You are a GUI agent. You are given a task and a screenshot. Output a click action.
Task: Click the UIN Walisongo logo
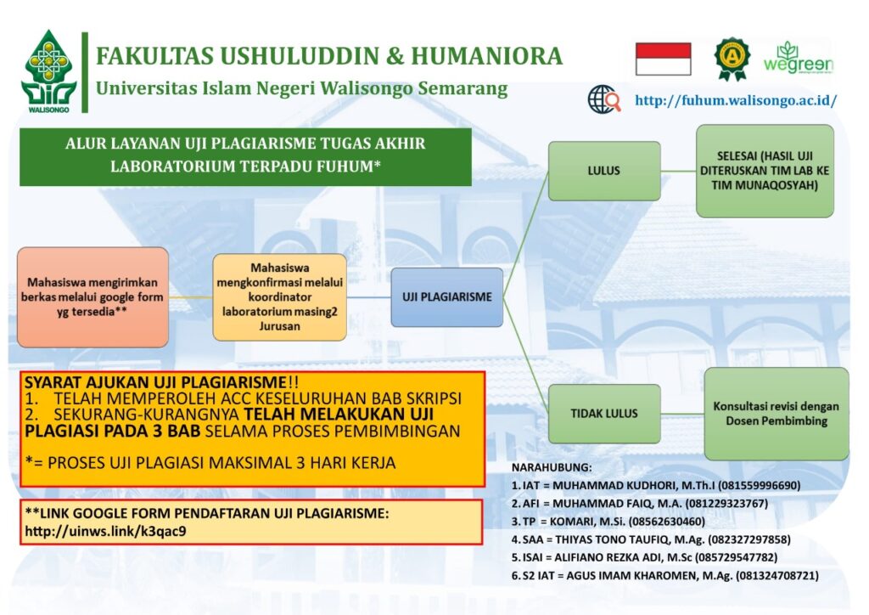[x=48, y=71]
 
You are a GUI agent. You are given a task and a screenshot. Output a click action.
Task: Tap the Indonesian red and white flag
[x=663, y=59]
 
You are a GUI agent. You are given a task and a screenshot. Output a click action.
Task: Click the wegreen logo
[x=799, y=59]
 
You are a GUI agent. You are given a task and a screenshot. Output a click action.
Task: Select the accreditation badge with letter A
[x=732, y=59]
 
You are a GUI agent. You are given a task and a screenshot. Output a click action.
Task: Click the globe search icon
[x=604, y=99]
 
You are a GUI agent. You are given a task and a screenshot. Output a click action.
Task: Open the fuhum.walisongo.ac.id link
[x=736, y=100]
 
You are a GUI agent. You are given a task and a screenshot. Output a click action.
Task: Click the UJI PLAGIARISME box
[x=446, y=297]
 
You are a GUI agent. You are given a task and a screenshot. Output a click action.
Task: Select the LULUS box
[x=604, y=171]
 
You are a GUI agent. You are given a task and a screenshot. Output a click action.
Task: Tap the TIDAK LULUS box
[x=604, y=414]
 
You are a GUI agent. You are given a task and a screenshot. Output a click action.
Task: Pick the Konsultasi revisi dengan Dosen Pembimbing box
[x=776, y=414]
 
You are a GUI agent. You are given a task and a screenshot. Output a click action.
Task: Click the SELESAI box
[x=765, y=171]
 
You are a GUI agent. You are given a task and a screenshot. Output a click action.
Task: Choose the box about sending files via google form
[x=93, y=297]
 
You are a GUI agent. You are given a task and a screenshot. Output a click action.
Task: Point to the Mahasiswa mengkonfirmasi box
[x=279, y=297]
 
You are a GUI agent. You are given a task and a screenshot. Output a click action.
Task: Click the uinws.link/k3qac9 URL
[x=105, y=531]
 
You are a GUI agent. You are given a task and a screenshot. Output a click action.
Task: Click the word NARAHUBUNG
[x=552, y=467]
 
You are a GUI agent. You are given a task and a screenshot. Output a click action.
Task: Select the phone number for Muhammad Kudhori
[x=760, y=486]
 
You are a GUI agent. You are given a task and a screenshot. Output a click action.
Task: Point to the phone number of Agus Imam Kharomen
[x=777, y=576]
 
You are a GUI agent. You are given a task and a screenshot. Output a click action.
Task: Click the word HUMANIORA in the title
[x=486, y=57]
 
